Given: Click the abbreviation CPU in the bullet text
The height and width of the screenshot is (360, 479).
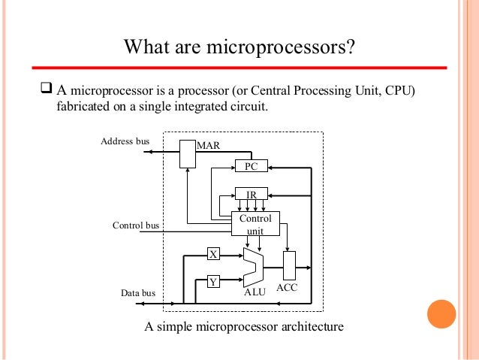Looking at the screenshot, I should click(387, 92).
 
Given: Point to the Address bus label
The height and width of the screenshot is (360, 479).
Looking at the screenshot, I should click(125, 141).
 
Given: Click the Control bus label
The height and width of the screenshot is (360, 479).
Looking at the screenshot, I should click(136, 225).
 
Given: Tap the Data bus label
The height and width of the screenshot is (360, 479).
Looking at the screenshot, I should click(138, 293).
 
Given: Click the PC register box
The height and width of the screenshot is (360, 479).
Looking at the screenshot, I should click(252, 165).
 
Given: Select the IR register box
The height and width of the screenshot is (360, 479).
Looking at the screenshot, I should click(252, 194).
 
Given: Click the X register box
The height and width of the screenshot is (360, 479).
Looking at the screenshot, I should click(213, 254).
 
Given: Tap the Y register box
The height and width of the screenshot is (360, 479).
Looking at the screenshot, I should click(213, 282).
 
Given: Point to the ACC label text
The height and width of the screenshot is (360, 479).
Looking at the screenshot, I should click(288, 289).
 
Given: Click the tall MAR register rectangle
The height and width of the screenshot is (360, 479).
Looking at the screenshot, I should click(187, 153).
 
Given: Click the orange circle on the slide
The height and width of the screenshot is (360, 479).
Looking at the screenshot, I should click(441, 315).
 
